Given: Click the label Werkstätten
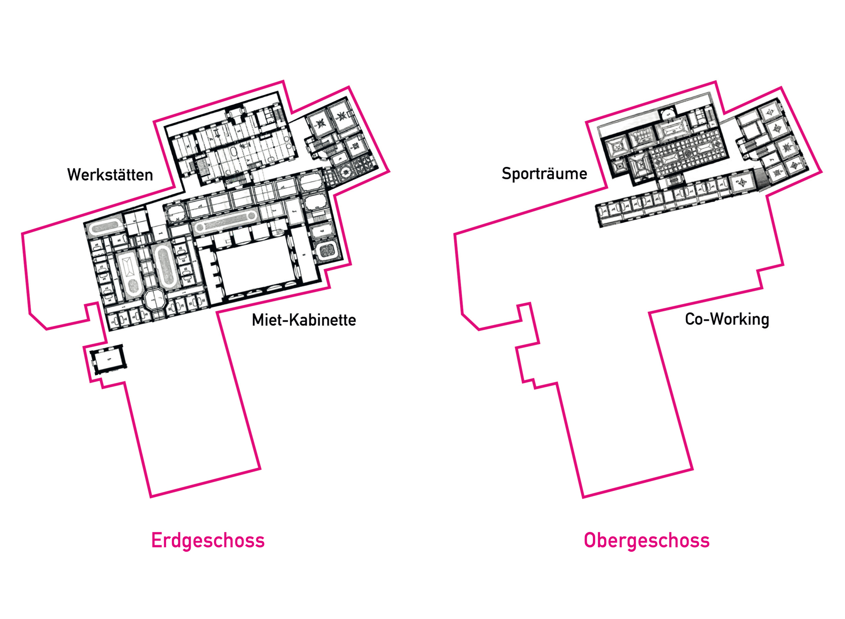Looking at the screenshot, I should (x=110, y=174).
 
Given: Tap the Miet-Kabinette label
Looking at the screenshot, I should (x=304, y=320).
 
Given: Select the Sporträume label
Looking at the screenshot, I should (x=544, y=174).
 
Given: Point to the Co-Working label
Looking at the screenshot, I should (x=727, y=319).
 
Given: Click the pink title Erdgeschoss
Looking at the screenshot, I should (x=207, y=540).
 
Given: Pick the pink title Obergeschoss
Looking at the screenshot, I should (x=646, y=540).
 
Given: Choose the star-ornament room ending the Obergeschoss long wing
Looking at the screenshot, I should (x=742, y=182).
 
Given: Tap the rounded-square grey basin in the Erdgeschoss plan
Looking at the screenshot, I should (x=327, y=251).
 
